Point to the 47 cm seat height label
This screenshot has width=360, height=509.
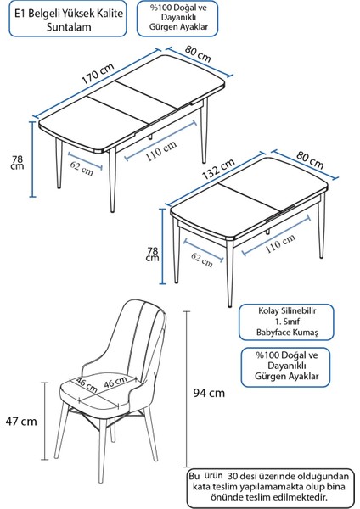point(22,421)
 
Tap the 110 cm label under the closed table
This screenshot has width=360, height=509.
point(279,243)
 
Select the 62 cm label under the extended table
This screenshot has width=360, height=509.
point(82,165)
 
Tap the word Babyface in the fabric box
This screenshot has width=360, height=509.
point(263,334)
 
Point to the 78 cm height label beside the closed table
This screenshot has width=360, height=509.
point(153,253)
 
